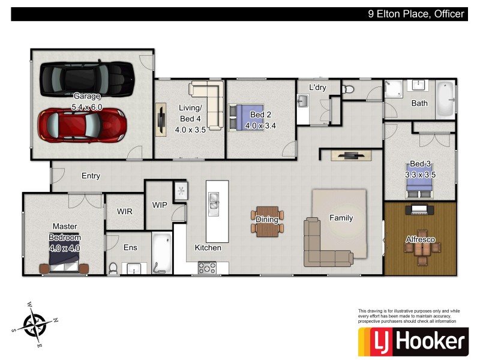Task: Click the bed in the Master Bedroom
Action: tap(64, 262)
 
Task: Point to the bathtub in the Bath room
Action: tap(445, 98)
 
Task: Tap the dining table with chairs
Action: tap(267, 220)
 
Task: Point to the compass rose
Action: tap(35, 324)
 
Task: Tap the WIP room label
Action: tap(160, 205)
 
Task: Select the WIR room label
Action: tap(125, 212)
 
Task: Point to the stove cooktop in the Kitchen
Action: tap(208, 268)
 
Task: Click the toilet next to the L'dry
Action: tap(349, 89)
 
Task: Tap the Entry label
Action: tap(91, 176)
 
